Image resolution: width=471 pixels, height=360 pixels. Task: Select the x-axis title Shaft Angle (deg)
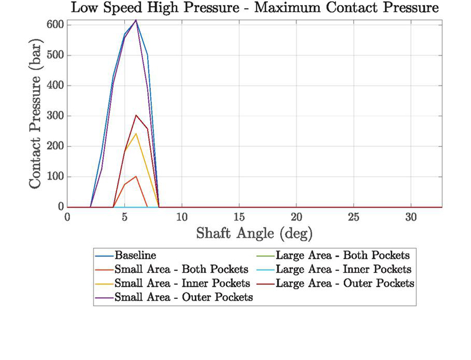click(x=254, y=233)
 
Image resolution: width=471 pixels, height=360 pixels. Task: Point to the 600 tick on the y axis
click(x=56, y=25)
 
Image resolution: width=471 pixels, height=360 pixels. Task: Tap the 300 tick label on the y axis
click(x=56, y=116)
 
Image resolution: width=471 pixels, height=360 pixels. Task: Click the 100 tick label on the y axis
click(x=56, y=177)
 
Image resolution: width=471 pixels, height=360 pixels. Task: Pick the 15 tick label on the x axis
click(x=239, y=216)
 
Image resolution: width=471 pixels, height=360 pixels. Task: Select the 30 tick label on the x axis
click(x=411, y=216)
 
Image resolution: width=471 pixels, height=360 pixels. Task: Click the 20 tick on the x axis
click(x=296, y=216)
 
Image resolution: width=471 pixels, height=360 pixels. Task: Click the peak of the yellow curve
click(x=136, y=134)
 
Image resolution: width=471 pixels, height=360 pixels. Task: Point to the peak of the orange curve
click(x=136, y=176)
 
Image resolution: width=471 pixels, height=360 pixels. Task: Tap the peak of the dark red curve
click(x=136, y=115)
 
